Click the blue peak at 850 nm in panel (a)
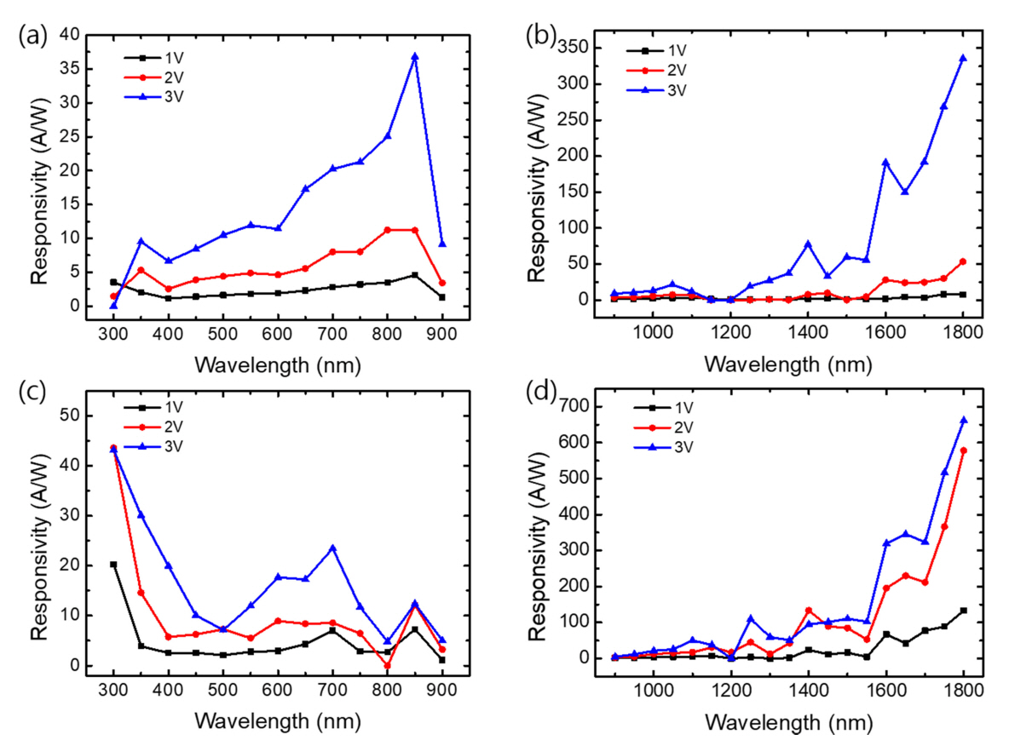(415, 57)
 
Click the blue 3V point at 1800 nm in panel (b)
(963, 59)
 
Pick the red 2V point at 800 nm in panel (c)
(388, 666)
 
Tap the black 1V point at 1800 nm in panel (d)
(963, 611)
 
